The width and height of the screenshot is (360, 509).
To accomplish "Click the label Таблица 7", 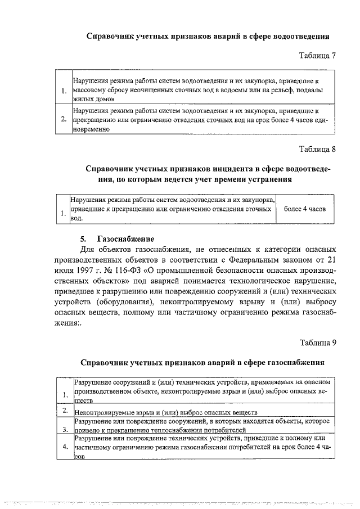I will pos(317,56).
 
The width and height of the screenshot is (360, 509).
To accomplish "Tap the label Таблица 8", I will pos(317,150).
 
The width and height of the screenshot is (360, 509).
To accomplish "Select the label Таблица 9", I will pos(317,342).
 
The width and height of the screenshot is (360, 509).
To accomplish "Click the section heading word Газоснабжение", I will pos(125,238).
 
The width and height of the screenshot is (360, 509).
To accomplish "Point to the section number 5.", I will pos(84,238).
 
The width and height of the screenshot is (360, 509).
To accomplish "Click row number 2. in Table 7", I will pos(64,119).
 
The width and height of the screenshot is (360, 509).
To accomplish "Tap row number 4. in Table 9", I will pos(66,447).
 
